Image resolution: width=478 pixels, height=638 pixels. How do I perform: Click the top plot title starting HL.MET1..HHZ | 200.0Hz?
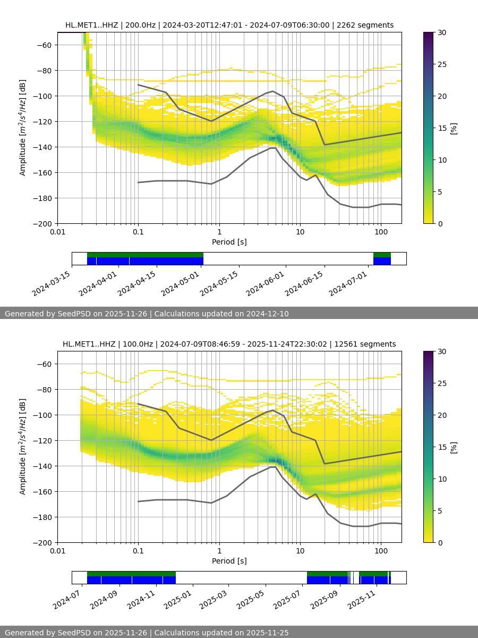(229, 25)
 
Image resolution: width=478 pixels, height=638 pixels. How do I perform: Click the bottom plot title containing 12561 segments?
(229, 344)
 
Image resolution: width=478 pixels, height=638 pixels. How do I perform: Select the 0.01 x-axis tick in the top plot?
(57, 231)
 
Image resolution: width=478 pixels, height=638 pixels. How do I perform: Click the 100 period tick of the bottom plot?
(381, 550)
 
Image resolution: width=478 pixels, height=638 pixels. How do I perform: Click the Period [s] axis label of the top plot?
(229, 242)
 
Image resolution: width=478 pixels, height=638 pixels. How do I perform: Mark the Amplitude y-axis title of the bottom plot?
(23, 447)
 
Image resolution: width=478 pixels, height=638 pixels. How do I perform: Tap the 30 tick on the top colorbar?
(442, 32)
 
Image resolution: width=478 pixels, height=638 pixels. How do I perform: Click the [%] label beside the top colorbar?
(454, 128)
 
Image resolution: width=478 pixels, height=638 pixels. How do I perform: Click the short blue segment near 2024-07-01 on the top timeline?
(382, 261)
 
